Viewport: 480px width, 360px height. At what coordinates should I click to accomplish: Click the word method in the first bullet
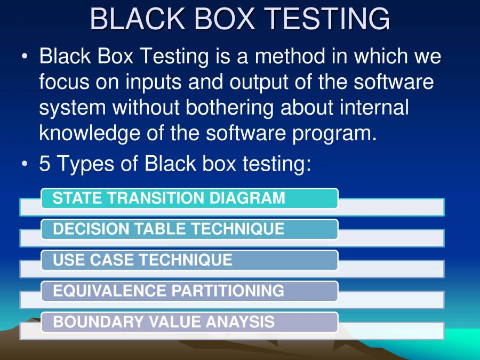(x=290, y=57)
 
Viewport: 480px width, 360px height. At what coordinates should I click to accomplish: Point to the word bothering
(x=229, y=108)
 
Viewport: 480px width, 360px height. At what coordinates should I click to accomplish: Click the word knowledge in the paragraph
(x=90, y=134)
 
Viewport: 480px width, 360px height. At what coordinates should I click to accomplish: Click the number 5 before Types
(x=45, y=163)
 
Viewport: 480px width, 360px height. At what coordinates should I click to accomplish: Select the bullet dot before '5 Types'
(x=25, y=164)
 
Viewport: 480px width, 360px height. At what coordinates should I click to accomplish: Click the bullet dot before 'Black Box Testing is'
(x=25, y=57)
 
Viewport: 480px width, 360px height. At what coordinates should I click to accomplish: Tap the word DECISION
(x=91, y=229)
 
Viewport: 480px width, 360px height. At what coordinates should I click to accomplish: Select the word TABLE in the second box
(x=160, y=229)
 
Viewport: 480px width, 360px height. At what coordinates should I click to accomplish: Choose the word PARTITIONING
(x=228, y=291)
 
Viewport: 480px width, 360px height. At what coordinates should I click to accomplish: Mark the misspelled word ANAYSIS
(x=241, y=322)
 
